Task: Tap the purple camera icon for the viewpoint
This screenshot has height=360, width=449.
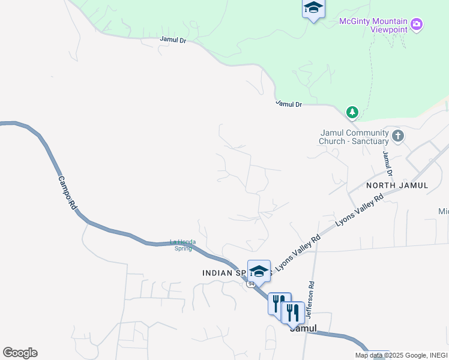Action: point(417,25)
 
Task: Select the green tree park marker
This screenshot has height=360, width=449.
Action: point(352,112)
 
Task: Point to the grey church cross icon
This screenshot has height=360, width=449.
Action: point(398,136)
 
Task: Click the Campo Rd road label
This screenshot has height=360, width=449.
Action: point(68,192)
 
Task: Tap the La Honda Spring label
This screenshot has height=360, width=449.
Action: point(181,245)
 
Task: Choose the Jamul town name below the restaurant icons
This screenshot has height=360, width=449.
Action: point(303,329)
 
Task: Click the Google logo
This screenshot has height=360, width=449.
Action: point(20,353)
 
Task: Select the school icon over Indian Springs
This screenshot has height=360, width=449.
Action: point(259,271)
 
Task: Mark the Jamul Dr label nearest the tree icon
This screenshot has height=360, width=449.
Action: point(289,104)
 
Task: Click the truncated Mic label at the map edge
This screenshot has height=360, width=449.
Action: point(443,211)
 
